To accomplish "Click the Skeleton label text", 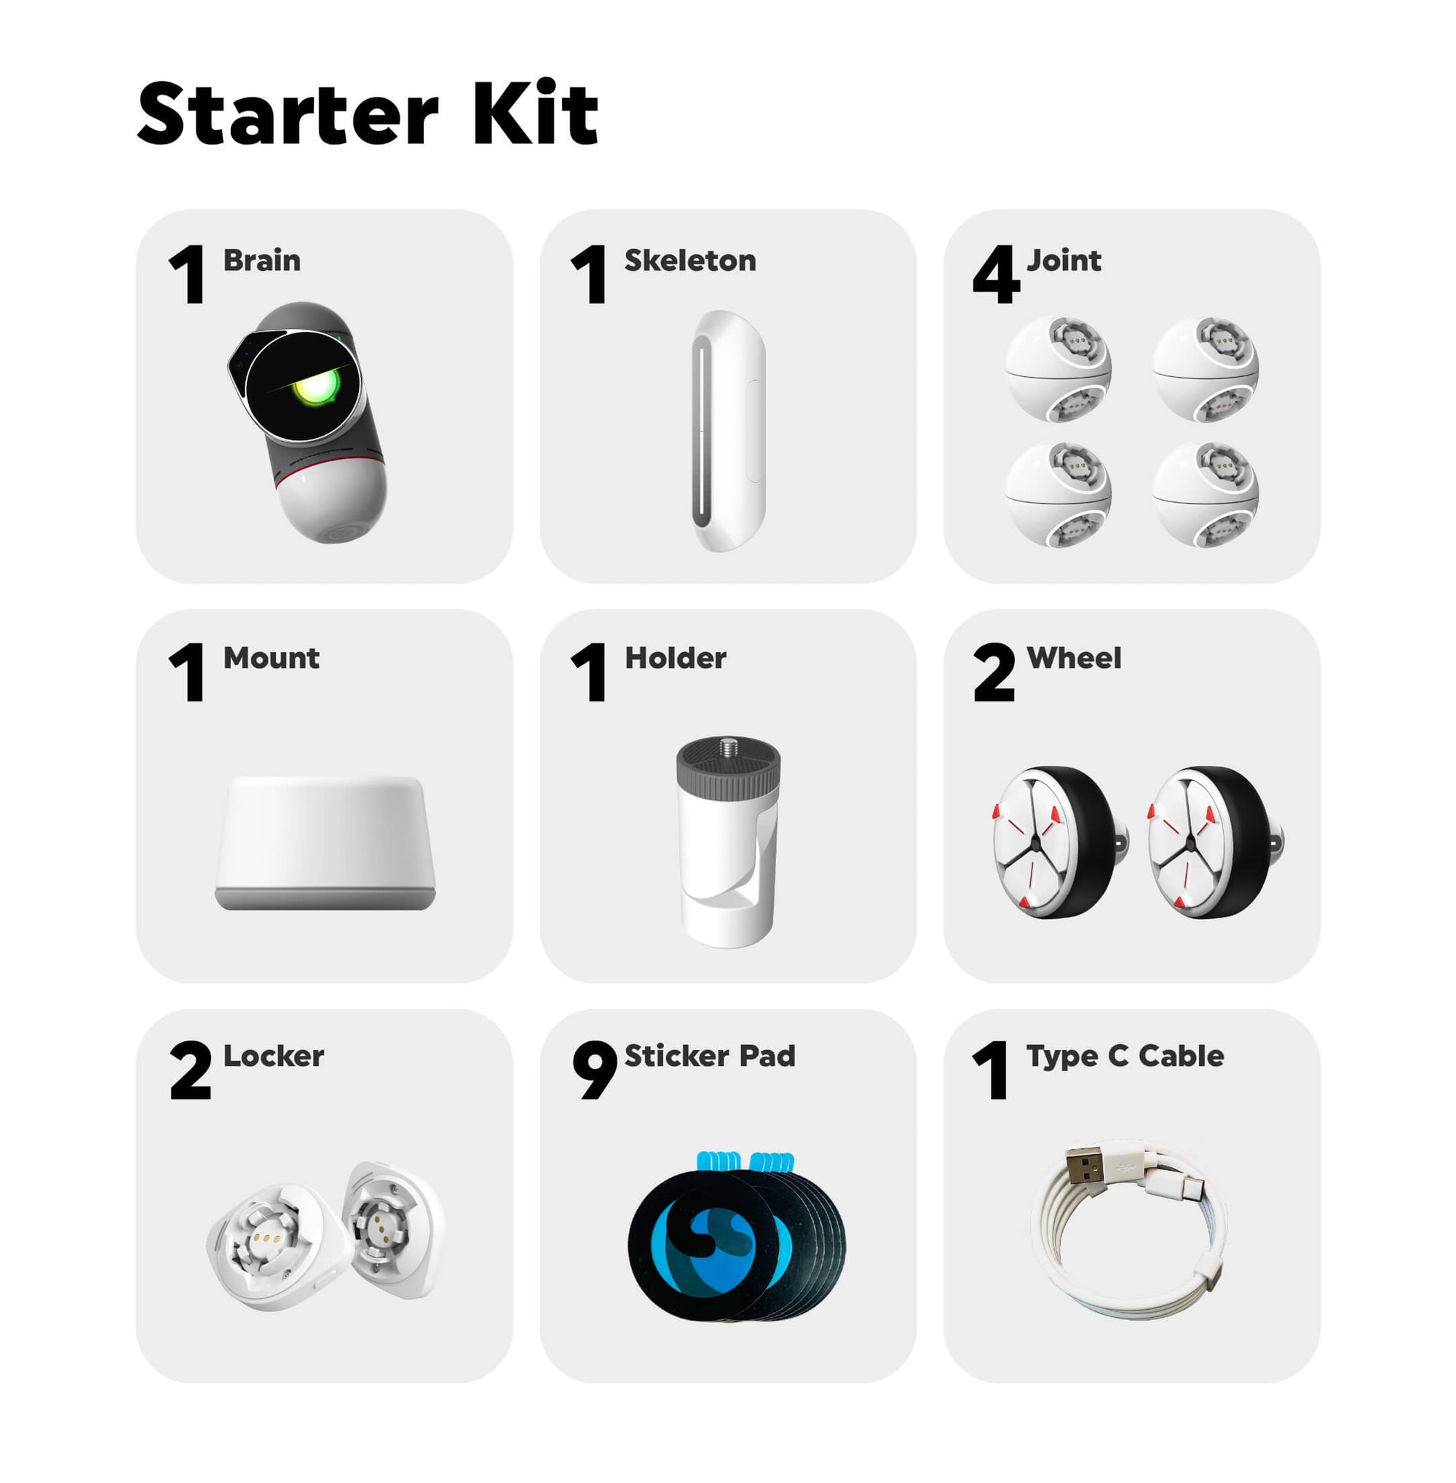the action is pyautogui.click(x=689, y=261).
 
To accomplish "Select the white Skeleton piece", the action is pyautogui.click(x=728, y=430).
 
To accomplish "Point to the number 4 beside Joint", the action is pyautogui.click(x=996, y=274).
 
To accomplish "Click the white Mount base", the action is pyautogui.click(x=325, y=843).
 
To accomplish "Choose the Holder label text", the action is pyautogui.click(x=676, y=658).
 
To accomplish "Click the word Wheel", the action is pyautogui.click(x=1074, y=658).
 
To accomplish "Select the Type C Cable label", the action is pyautogui.click(x=1125, y=1057).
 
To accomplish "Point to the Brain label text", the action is pyautogui.click(x=261, y=261).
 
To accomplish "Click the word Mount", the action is pyautogui.click(x=271, y=658).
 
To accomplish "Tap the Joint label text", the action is pyautogui.click(x=1064, y=261).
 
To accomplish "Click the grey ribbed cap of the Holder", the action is pyautogui.click(x=728, y=771).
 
